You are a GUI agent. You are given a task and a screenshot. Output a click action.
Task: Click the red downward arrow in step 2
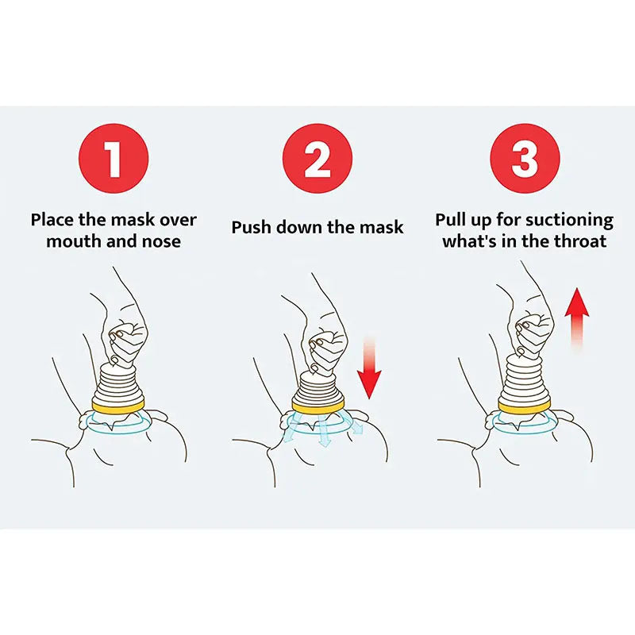369,369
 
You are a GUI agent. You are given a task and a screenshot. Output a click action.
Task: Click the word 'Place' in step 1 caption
56,220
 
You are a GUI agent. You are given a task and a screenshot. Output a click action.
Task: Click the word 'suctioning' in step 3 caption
570,220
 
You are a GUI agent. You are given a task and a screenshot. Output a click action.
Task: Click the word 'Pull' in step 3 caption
453,220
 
